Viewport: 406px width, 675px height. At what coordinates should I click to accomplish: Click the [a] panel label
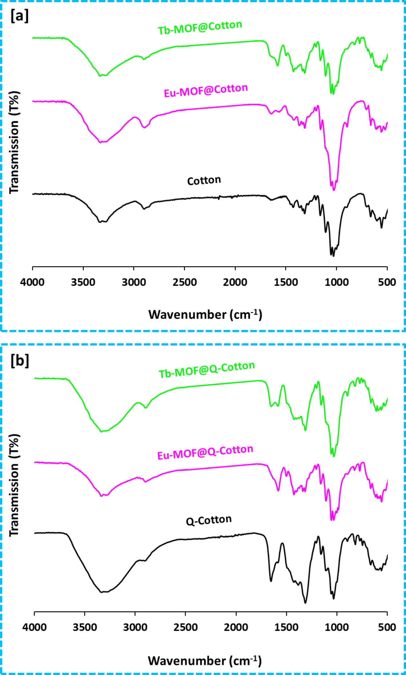click(19, 16)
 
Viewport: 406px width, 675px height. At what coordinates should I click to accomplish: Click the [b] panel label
click(20, 361)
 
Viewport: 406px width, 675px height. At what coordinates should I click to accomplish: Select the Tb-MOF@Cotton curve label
click(200, 27)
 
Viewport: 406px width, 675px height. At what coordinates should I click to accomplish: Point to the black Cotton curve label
click(204, 181)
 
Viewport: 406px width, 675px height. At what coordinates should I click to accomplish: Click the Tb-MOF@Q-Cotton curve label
click(206, 370)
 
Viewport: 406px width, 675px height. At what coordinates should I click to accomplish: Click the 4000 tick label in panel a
click(32, 282)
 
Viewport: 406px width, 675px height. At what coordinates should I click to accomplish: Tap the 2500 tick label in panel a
click(185, 282)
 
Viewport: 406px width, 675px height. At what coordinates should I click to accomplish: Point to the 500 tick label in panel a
click(387, 282)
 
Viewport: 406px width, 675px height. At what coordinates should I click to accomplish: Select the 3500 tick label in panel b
click(85, 627)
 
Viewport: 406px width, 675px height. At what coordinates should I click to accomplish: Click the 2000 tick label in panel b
click(236, 627)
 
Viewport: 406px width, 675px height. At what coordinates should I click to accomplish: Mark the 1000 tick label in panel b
click(337, 627)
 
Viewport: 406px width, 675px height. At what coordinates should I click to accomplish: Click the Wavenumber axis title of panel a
click(205, 315)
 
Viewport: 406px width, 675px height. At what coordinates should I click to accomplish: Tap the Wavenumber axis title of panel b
click(205, 661)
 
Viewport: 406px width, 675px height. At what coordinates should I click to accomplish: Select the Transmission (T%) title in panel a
click(14, 142)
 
